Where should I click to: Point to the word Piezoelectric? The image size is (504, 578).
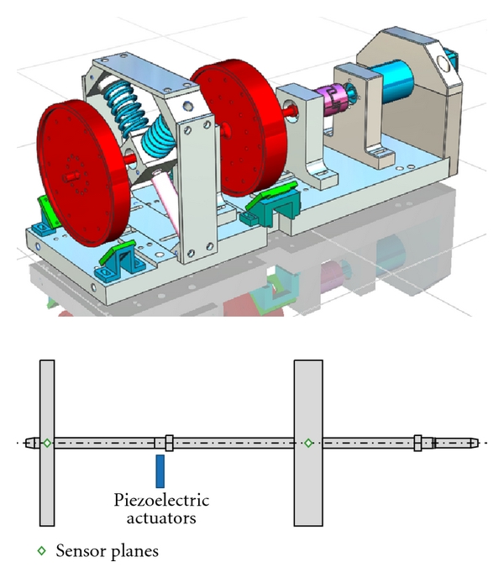pos(160,502)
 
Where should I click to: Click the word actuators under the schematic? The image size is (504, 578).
pos(160,518)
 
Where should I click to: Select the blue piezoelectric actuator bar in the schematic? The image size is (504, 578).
pos(160,470)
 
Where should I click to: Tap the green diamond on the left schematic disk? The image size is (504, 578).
pos(47,442)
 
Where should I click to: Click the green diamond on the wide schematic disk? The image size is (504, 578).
pos(308,442)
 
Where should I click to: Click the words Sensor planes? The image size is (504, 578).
pos(107,552)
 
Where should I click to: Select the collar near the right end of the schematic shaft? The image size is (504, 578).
pos(417,442)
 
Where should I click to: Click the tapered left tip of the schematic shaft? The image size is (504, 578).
pos(29,442)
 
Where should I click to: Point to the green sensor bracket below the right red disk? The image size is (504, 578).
pos(269,202)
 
